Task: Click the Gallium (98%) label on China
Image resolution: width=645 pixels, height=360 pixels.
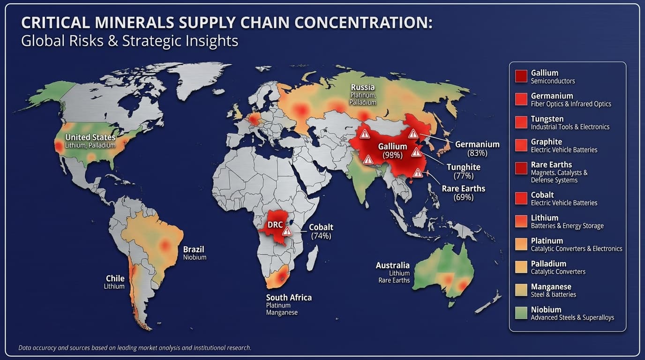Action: pyautogui.click(x=392, y=150)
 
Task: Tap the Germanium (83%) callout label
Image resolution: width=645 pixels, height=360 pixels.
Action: pyautogui.click(x=477, y=148)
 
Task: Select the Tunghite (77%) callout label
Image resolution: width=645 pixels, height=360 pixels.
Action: pyautogui.click(x=463, y=171)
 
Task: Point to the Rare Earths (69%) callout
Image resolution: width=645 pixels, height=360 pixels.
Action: pyautogui.click(x=463, y=193)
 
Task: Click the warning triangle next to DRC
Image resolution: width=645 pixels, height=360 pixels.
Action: pyautogui.click(x=287, y=231)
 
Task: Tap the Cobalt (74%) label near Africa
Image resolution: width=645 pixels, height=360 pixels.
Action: pyautogui.click(x=321, y=232)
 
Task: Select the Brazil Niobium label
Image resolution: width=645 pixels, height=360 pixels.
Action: pyautogui.click(x=194, y=253)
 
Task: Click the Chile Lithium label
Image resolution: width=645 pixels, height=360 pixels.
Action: pyautogui.click(x=115, y=282)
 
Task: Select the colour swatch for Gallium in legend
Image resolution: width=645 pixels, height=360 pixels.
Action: pyautogui.click(x=521, y=76)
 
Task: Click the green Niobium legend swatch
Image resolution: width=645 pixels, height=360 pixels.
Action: pyautogui.click(x=521, y=313)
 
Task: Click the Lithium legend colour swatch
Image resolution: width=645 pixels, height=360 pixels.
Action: pyautogui.click(x=521, y=221)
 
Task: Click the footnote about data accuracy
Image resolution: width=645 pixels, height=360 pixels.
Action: pyautogui.click(x=135, y=348)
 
